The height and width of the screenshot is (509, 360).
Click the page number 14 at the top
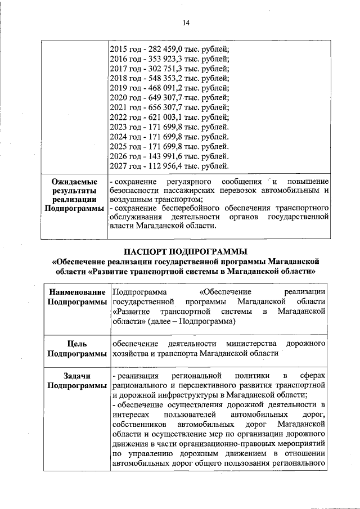[x=186, y=23]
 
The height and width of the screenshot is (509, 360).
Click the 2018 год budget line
[x=169, y=78]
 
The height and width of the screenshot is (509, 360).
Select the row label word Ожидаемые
[x=74, y=182]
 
